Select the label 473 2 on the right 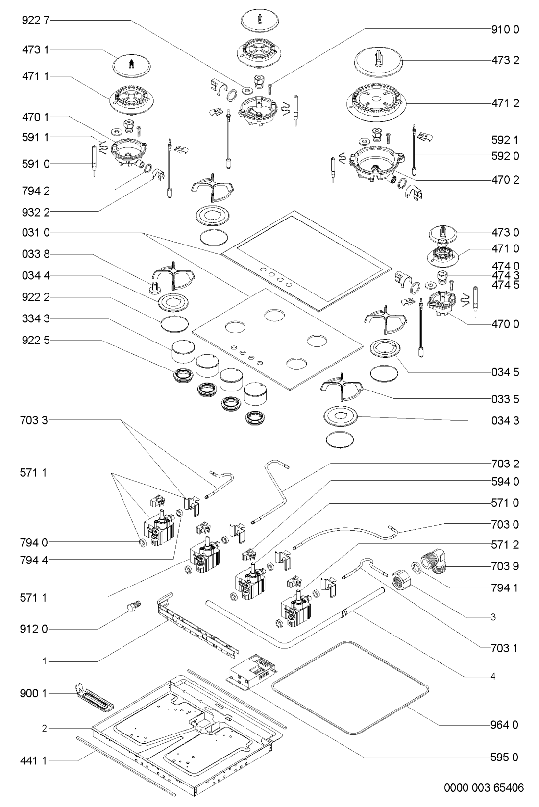pyautogui.click(x=505, y=60)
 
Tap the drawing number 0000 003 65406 pyautogui.click(x=484, y=788)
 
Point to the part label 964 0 pyautogui.click(x=505, y=724)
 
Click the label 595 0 pyautogui.click(x=505, y=757)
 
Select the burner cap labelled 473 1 pyautogui.click(x=130, y=64)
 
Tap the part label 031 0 pyautogui.click(x=35, y=233)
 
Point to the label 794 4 pyautogui.click(x=35, y=559)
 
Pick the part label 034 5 pyautogui.click(x=505, y=372)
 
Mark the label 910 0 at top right pyautogui.click(x=505, y=29)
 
